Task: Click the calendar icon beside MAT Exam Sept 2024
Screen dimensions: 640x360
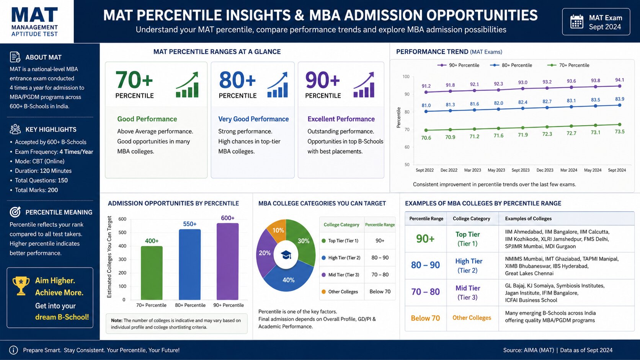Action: click(576, 22)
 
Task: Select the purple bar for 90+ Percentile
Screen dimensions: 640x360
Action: click(228, 261)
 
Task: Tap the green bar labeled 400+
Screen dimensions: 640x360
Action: click(152, 273)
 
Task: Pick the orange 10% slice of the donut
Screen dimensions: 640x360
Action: click(277, 230)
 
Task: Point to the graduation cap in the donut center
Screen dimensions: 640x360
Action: click(286, 255)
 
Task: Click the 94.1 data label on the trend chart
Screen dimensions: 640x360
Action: click(619, 80)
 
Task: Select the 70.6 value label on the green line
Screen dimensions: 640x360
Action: click(426, 138)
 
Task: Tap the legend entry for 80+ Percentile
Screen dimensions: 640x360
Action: click(511, 65)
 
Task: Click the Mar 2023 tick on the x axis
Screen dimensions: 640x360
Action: click(473, 170)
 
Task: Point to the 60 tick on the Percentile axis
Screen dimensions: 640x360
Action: click(406, 147)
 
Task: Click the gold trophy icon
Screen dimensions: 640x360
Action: click(21, 285)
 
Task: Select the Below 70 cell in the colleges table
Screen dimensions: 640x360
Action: click(425, 318)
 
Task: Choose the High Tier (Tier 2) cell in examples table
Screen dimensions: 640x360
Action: click(468, 266)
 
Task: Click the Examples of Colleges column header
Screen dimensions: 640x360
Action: click(528, 219)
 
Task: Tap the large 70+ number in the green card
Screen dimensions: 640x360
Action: click(134, 80)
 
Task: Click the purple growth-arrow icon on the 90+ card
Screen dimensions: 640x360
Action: click(364, 85)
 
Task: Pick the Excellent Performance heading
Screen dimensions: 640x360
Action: click(341, 119)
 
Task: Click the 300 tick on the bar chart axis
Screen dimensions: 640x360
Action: click(122, 259)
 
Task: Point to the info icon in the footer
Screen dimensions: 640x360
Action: click(13, 350)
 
